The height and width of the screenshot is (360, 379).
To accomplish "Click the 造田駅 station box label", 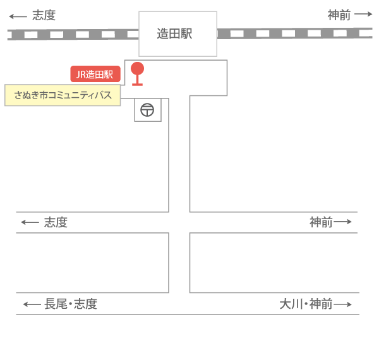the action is click(x=174, y=33).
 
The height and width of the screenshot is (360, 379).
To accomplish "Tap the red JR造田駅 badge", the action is click(x=95, y=74).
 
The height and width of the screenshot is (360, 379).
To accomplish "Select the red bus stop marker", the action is click(x=137, y=74).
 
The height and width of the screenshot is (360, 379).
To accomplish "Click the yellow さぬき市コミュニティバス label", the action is click(x=63, y=95).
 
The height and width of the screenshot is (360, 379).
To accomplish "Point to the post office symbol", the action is click(x=147, y=110).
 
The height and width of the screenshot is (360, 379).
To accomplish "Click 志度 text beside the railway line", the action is click(x=44, y=15).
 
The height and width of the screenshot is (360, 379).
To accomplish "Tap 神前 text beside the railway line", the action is click(x=339, y=15).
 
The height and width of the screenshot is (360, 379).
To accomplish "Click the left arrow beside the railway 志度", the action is click(x=18, y=16).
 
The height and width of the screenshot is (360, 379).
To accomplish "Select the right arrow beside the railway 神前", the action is click(x=363, y=14).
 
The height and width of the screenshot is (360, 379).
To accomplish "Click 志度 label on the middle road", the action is click(x=56, y=222).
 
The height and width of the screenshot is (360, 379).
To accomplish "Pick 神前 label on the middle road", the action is click(x=321, y=222).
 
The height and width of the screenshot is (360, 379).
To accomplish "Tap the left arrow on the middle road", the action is click(x=30, y=222).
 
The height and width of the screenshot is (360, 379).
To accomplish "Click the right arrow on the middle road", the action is click(x=342, y=222).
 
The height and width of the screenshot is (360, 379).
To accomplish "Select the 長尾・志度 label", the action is click(x=71, y=304).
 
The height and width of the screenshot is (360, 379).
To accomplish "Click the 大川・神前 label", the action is click(x=306, y=304).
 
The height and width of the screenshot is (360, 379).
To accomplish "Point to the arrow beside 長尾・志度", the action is click(x=32, y=304).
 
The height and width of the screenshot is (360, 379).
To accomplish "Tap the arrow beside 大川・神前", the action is click(x=342, y=304).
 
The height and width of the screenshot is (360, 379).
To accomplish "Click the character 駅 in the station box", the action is click(x=186, y=33).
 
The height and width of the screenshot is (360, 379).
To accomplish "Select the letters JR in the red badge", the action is click(x=81, y=75).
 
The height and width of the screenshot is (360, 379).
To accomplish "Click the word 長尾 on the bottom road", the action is click(x=56, y=304).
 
